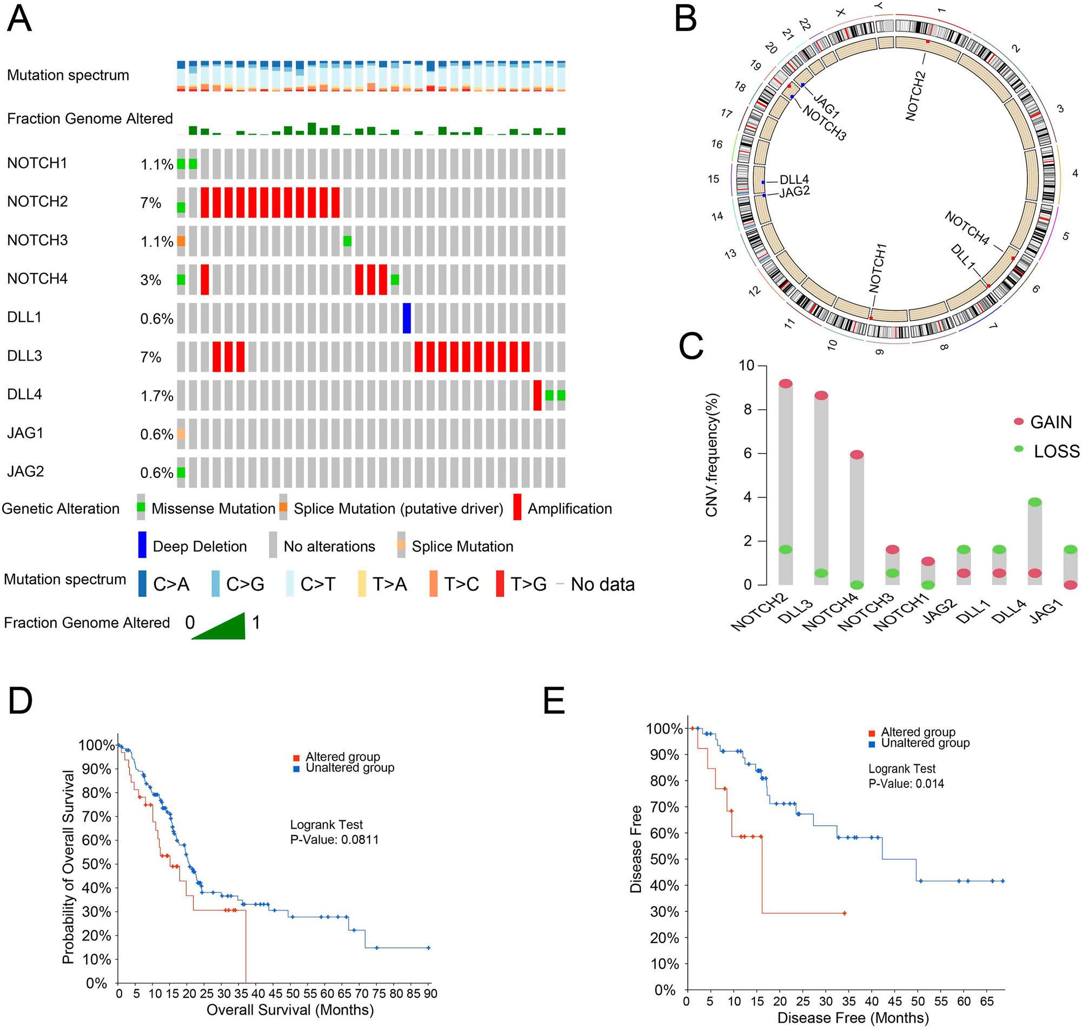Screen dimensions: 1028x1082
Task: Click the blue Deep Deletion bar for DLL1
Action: point(406,318)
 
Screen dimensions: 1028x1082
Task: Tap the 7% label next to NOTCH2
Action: point(151,203)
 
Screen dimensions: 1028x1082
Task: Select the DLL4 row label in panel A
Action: point(25,395)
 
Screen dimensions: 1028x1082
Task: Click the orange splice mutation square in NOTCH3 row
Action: point(181,241)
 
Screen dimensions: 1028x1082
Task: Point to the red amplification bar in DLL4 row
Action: point(537,395)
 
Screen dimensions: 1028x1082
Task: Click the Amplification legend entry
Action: point(569,509)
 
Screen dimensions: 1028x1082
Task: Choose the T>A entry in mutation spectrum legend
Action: point(389,584)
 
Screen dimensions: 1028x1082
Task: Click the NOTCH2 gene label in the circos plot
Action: point(915,96)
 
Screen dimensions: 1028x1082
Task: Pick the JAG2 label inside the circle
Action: point(794,192)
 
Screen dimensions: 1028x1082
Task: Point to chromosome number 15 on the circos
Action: point(713,179)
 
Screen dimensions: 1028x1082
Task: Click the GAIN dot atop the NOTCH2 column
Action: point(786,383)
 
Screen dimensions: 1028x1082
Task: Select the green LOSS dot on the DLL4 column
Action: point(1034,502)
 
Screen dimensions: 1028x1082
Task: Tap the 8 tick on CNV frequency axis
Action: point(747,410)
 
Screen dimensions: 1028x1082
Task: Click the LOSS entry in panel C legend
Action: point(1056,451)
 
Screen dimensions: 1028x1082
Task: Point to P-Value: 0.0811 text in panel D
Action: point(334,840)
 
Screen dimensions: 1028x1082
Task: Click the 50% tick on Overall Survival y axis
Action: point(96,864)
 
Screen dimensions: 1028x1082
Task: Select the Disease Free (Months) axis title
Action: point(853,1018)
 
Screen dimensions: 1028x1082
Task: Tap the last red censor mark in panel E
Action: point(844,913)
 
